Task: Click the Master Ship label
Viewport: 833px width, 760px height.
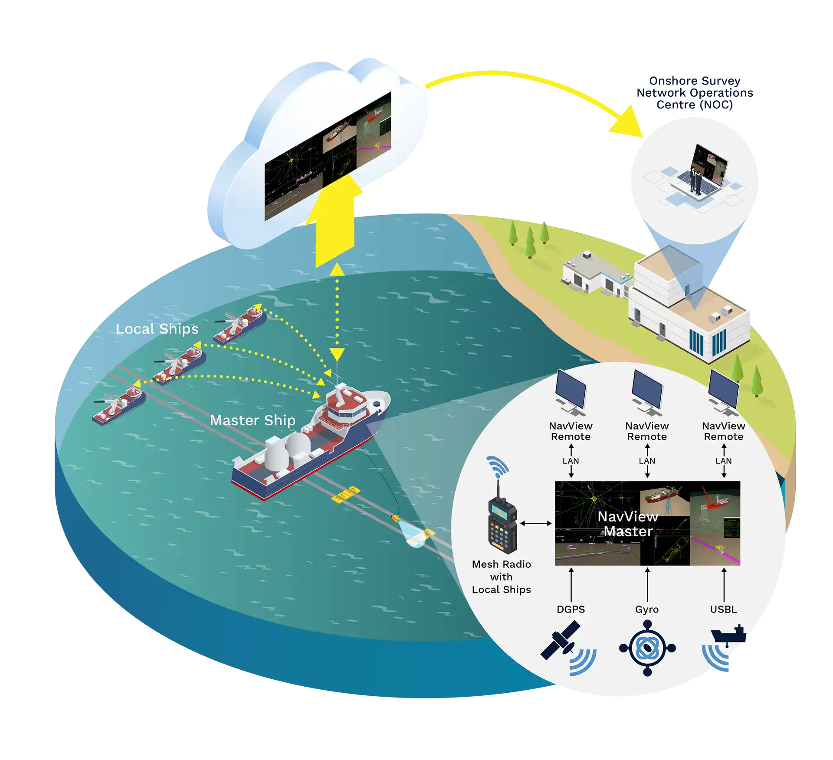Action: pyautogui.click(x=253, y=420)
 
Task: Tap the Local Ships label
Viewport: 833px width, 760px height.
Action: pyautogui.click(x=157, y=329)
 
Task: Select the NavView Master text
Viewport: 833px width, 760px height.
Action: pyautogui.click(x=628, y=524)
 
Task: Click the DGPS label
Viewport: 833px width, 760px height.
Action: pyautogui.click(x=571, y=609)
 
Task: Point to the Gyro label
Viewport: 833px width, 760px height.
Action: pyautogui.click(x=647, y=609)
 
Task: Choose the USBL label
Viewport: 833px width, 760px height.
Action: pyautogui.click(x=723, y=609)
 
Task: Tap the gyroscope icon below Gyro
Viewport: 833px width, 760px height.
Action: pyautogui.click(x=647, y=648)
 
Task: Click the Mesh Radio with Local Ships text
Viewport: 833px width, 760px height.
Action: pyautogui.click(x=502, y=577)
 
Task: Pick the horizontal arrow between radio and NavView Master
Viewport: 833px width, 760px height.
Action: pyautogui.click(x=536, y=524)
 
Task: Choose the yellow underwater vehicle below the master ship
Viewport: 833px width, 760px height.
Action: pyautogui.click(x=345, y=494)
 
